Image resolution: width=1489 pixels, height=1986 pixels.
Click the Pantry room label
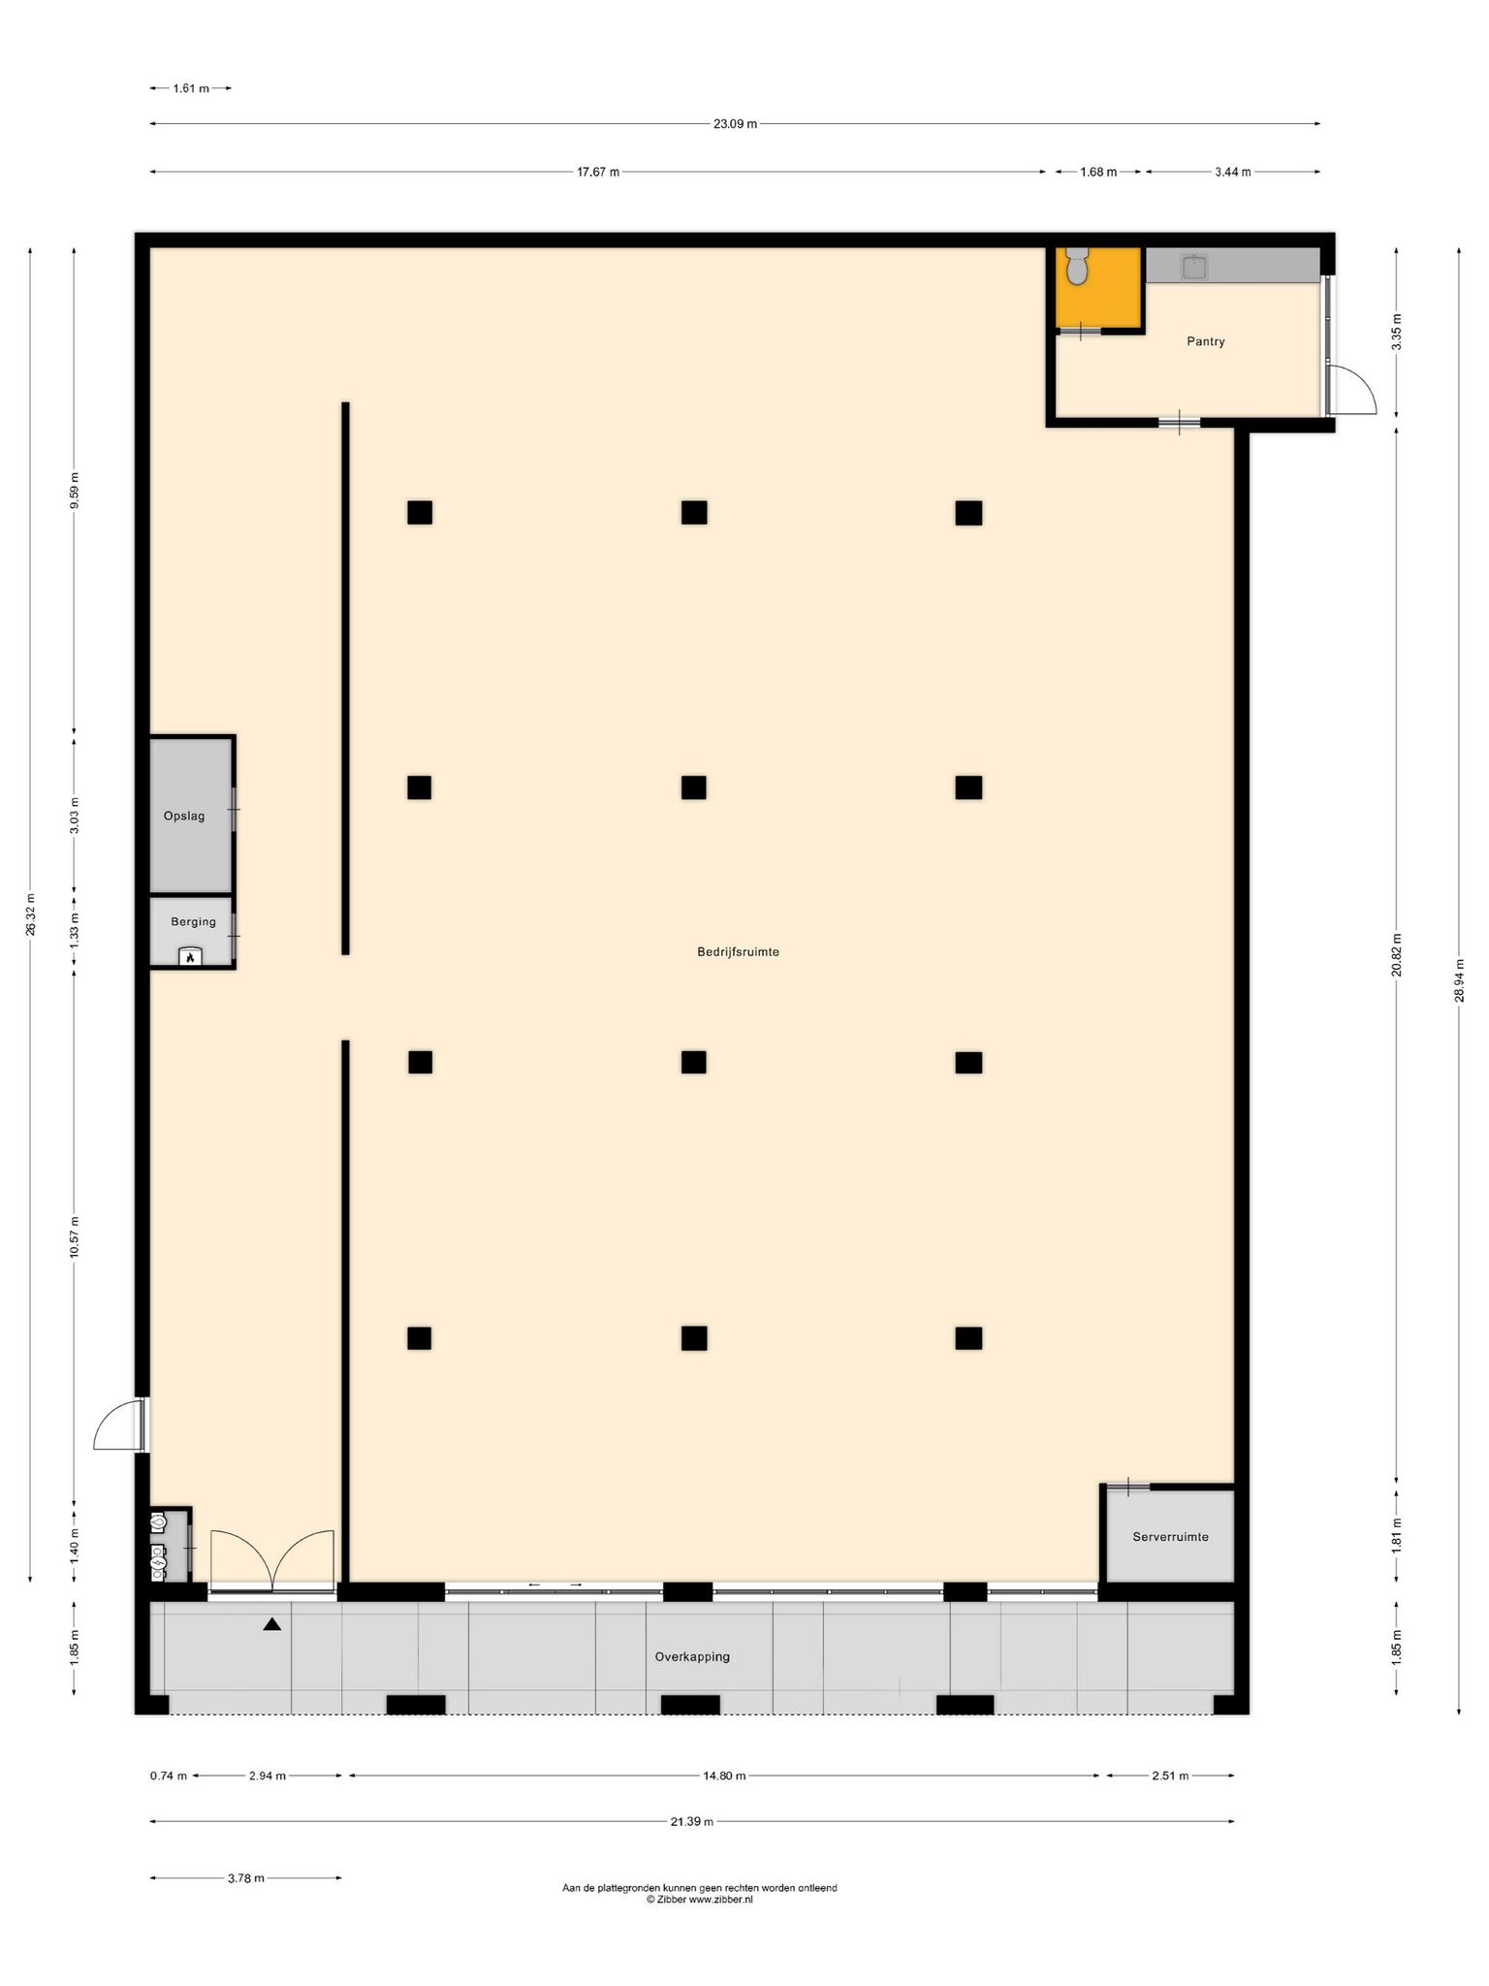point(1205,341)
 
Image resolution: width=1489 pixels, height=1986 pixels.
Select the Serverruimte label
point(1170,1536)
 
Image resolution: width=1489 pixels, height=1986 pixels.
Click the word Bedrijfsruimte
point(738,951)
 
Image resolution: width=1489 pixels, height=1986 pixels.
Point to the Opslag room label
point(184,816)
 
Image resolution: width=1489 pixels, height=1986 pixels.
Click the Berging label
point(193,921)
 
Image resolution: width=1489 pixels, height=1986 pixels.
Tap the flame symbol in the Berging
point(191,957)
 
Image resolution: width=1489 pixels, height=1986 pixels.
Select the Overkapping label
point(692,1656)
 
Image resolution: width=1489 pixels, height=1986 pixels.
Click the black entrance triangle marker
point(272,1624)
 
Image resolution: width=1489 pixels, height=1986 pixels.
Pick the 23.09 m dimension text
point(735,124)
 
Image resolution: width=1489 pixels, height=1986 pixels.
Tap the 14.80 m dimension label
point(724,1776)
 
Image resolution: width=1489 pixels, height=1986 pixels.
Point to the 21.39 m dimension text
point(692,1822)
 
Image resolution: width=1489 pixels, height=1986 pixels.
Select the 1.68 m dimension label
point(1098,172)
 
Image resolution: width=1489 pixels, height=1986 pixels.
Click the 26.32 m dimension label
point(31,913)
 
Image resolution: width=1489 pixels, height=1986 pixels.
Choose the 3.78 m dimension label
point(246,1878)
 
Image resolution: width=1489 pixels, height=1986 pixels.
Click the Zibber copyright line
point(699,1900)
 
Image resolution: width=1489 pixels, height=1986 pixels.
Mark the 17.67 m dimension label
point(598,172)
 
